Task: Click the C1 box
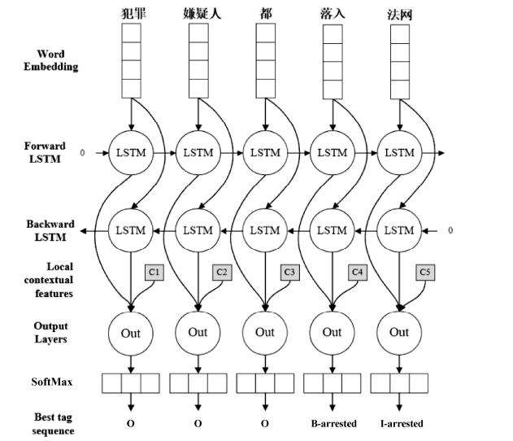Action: click(154, 272)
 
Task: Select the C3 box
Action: click(289, 272)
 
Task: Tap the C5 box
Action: click(424, 272)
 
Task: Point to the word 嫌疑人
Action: click(198, 12)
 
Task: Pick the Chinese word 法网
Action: click(399, 12)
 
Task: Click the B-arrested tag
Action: click(333, 423)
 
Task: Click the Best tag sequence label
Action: click(51, 423)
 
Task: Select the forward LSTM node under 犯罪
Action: click(130, 153)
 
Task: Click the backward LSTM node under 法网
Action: click(399, 230)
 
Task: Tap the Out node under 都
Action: click(265, 332)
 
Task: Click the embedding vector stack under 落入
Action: click(332, 61)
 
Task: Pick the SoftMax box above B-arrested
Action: click(332, 382)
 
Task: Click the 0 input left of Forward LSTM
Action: click(82, 152)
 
